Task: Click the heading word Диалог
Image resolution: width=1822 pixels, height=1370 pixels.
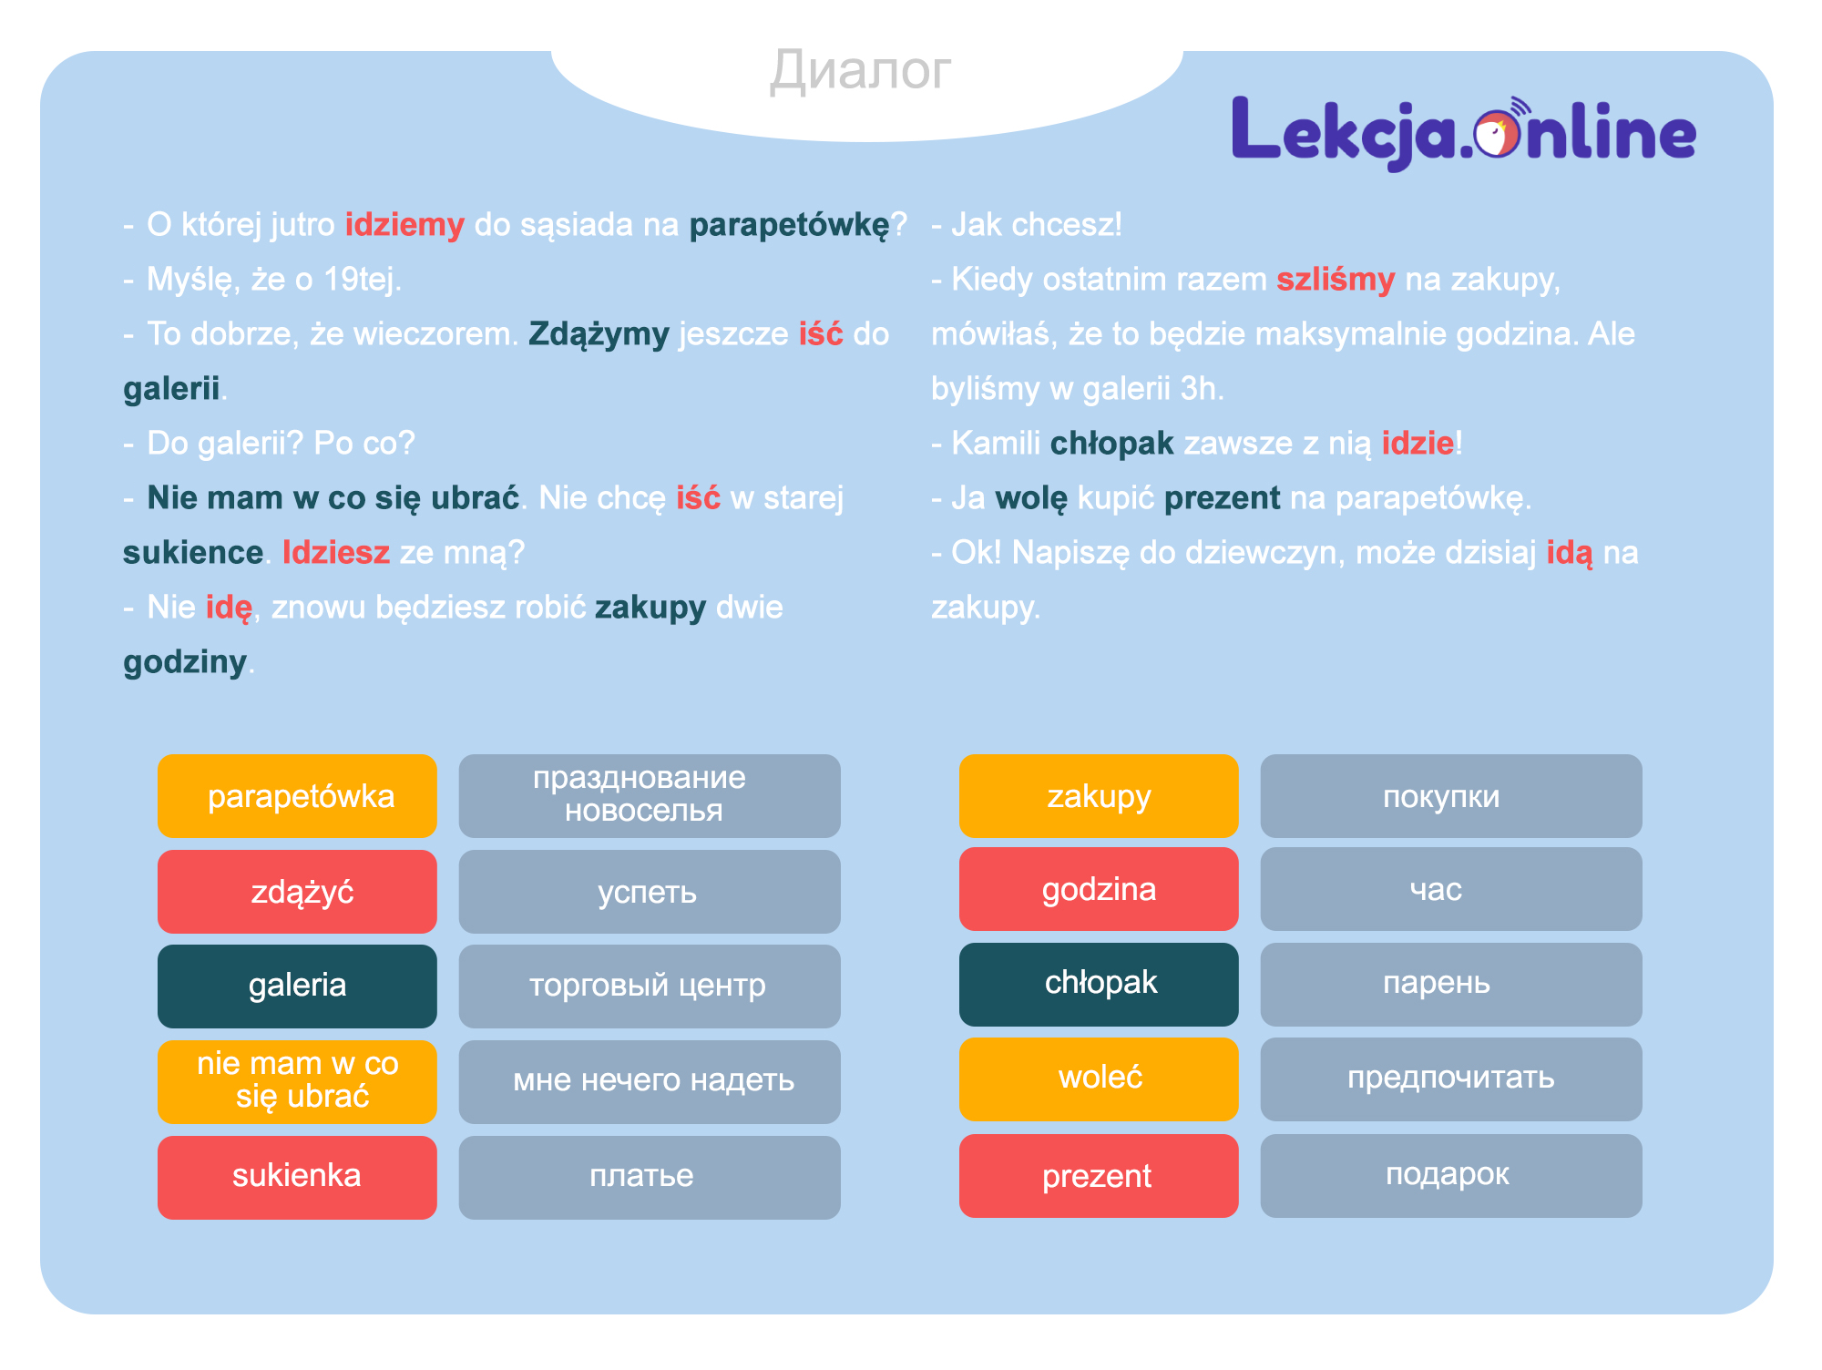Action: pyautogui.click(x=860, y=70)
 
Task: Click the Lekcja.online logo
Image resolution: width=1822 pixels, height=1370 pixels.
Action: pyautogui.click(x=1463, y=133)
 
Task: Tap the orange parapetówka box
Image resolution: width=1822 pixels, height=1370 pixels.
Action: pyautogui.click(x=297, y=796)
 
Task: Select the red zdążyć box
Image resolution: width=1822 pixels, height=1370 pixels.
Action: pyautogui.click(x=297, y=892)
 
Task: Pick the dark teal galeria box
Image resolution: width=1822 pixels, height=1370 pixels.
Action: pyautogui.click(x=297, y=986)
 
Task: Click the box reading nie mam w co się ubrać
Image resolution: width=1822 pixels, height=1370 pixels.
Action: pyautogui.click(x=297, y=1081)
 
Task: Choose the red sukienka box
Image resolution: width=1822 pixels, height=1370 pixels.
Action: pyautogui.click(x=297, y=1177)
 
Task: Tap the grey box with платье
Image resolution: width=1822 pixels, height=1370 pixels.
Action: pyautogui.click(x=649, y=1177)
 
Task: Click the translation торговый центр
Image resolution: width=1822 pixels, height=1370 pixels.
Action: pyautogui.click(x=649, y=986)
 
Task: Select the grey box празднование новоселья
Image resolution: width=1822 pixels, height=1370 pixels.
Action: pyautogui.click(x=649, y=796)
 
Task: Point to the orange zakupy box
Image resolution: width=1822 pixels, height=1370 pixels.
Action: pyautogui.click(x=1099, y=796)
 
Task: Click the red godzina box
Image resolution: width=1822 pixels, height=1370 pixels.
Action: pyautogui.click(x=1099, y=889)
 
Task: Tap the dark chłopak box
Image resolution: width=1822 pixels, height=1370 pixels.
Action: pyautogui.click(x=1099, y=984)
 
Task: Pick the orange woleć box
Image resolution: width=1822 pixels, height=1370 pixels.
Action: pyautogui.click(x=1099, y=1079)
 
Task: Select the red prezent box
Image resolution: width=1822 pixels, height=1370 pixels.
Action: pyautogui.click(x=1099, y=1176)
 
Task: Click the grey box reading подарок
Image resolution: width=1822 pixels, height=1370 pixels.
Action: pyautogui.click(x=1450, y=1176)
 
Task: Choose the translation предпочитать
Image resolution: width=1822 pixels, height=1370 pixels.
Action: pyautogui.click(x=1450, y=1079)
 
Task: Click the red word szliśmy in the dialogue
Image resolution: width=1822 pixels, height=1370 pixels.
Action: pyautogui.click(x=1335, y=280)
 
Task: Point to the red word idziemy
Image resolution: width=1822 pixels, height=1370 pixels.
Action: pyautogui.click(x=404, y=225)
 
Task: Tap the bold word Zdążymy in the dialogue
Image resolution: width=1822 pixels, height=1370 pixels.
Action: pyautogui.click(x=599, y=334)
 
